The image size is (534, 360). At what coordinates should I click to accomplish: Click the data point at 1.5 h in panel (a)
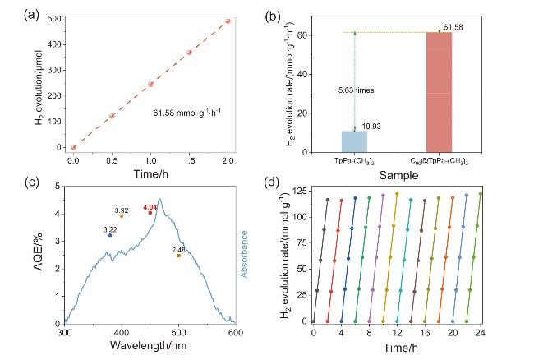(x=189, y=53)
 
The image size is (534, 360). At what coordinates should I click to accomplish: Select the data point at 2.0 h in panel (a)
(x=228, y=21)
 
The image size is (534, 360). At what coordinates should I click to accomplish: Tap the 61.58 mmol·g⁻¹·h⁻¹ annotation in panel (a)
(x=187, y=113)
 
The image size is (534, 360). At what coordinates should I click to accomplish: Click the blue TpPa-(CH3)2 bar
(x=354, y=141)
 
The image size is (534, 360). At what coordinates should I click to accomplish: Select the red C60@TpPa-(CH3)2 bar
(x=439, y=92)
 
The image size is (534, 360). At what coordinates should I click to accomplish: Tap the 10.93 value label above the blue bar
(x=371, y=127)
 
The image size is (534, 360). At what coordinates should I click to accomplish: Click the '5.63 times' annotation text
(x=356, y=90)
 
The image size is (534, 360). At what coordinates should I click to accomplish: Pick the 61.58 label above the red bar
(x=453, y=27)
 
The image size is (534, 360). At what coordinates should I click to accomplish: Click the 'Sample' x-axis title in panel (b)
(x=398, y=175)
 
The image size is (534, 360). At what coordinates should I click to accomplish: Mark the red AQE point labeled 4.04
(x=150, y=213)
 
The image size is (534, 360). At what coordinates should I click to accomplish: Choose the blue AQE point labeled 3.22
(x=110, y=235)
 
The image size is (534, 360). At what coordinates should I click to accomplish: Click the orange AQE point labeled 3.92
(x=122, y=216)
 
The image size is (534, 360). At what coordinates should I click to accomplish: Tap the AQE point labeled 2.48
(x=178, y=256)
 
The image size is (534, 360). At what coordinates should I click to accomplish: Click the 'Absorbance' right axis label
(x=244, y=254)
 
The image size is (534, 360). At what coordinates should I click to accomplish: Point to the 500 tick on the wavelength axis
(x=178, y=332)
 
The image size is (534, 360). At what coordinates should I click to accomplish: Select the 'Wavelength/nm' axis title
(x=149, y=345)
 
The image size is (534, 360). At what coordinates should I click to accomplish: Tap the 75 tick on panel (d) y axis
(x=302, y=242)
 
